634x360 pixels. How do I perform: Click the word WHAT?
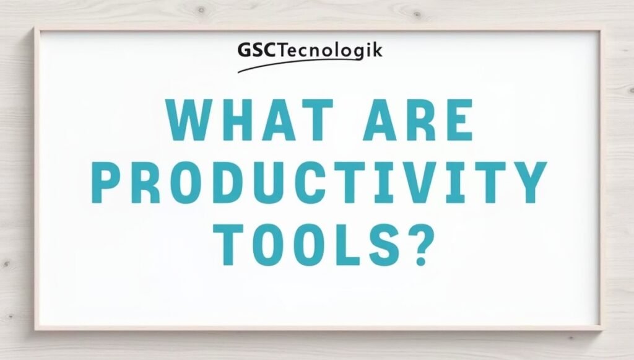250,120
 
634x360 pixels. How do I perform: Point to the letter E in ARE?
458,120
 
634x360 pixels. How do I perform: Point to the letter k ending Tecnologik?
376,50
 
